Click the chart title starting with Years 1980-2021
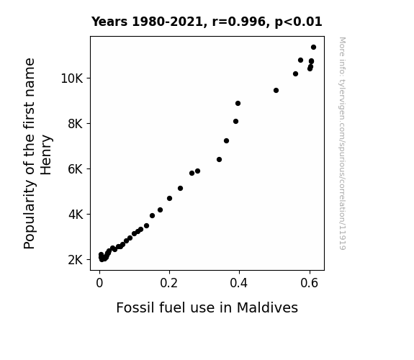pyautogui.click(x=207, y=22)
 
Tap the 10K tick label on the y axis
pyautogui.click(x=72, y=78)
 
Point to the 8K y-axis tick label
pyautogui.click(x=76, y=124)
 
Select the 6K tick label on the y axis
pyautogui.click(x=76, y=169)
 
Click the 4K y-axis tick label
pyautogui.click(x=76, y=215)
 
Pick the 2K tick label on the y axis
pyautogui.click(x=76, y=260)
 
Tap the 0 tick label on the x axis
pyautogui.click(x=99, y=283)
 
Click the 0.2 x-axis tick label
pyautogui.click(x=169, y=283)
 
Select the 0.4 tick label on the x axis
pyautogui.click(x=239, y=283)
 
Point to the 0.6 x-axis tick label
pyautogui.click(x=309, y=283)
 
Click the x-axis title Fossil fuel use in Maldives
pyautogui.click(x=207, y=307)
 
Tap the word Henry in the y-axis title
pyautogui.click(x=46, y=155)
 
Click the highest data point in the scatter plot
pyautogui.click(x=313, y=48)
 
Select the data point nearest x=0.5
pyautogui.click(x=276, y=90)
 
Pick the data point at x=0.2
pyautogui.click(x=169, y=198)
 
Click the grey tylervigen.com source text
pyautogui.click(x=342, y=143)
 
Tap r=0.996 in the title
pyautogui.click(x=239, y=22)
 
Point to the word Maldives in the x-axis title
pyautogui.click(x=267, y=307)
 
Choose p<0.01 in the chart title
pyautogui.click(x=298, y=22)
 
